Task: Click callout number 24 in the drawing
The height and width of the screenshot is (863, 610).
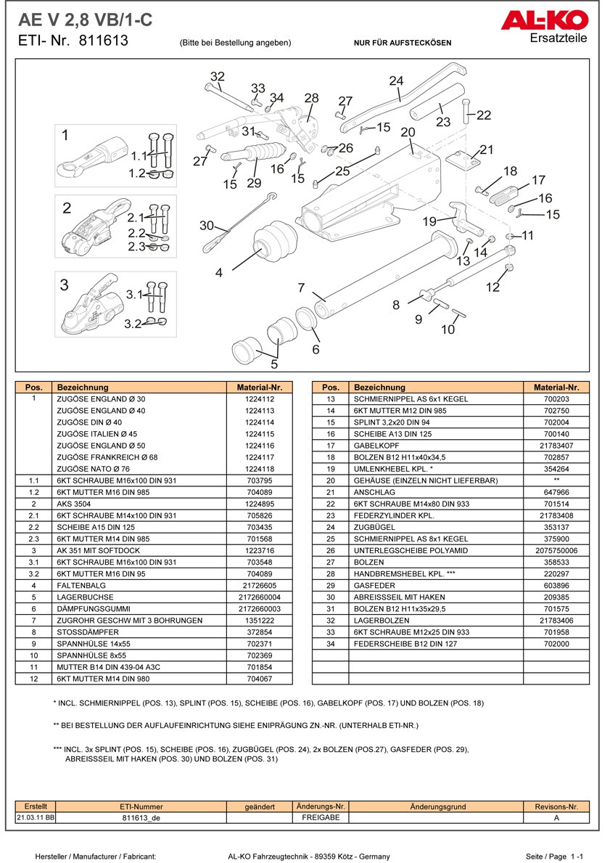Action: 396,81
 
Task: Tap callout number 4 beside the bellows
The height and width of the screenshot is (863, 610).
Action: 218,273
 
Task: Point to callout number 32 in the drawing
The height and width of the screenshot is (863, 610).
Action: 218,77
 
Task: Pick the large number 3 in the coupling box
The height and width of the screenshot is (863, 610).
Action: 65,285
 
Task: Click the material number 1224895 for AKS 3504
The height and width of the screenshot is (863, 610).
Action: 260,504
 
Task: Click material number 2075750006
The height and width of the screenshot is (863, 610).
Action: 556,550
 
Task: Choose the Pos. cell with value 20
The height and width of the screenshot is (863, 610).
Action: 330,480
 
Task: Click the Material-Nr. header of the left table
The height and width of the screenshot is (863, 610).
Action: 260,388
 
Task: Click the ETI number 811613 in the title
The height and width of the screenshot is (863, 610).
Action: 103,41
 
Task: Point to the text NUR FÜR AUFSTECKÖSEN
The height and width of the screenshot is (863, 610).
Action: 402,43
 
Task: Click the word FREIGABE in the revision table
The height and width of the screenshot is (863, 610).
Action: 321,817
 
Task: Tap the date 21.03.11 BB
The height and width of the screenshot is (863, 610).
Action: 36,817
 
